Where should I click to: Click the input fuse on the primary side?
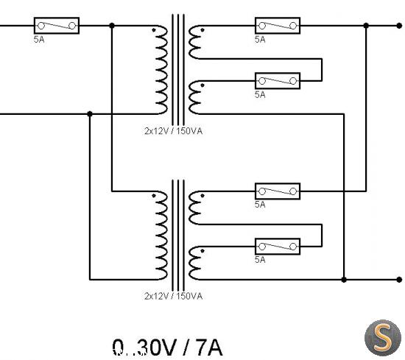pyautogui.click(x=57, y=26)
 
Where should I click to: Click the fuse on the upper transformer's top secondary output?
pyautogui.click(x=278, y=26)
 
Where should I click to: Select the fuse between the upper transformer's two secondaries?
pyautogui.click(x=278, y=81)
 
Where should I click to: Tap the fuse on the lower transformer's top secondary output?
pyautogui.click(x=278, y=191)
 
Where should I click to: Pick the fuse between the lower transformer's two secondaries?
pyautogui.click(x=278, y=247)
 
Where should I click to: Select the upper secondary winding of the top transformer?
pyautogui.click(x=194, y=42)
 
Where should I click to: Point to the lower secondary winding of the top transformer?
pyautogui.click(x=194, y=97)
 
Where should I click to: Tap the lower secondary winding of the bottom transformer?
pyautogui.click(x=194, y=263)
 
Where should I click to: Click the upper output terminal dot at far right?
pyautogui.click(x=399, y=26)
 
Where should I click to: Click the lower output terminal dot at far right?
pyautogui.click(x=399, y=280)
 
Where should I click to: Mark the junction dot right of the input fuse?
pyautogui.click(x=112, y=26)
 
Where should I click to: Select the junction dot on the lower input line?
pyautogui.click(x=90, y=114)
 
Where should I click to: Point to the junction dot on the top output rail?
pyautogui.click(x=366, y=26)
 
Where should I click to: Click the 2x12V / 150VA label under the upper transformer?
pyautogui.click(x=173, y=131)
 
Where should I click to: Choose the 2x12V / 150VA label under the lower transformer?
pyautogui.click(x=173, y=296)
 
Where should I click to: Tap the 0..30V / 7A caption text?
pyautogui.click(x=167, y=347)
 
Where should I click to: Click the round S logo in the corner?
pyautogui.click(x=383, y=338)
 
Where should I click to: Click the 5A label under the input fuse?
pyautogui.click(x=39, y=40)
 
